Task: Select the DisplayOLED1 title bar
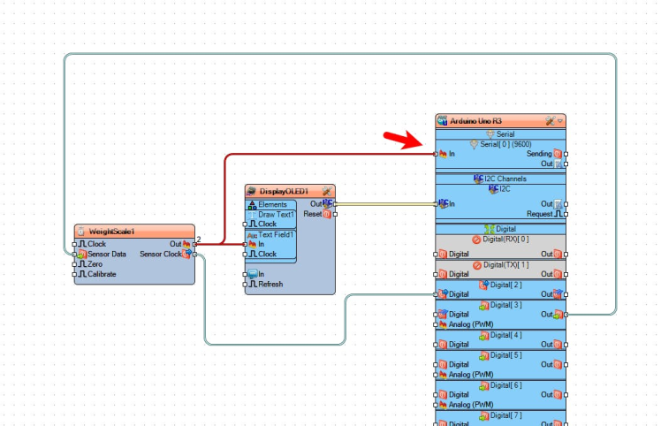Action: (x=283, y=191)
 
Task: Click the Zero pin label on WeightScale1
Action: (x=95, y=263)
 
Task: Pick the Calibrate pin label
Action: (x=103, y=274)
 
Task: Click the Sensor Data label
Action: (x=107, y=254)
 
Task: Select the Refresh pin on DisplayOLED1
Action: (x=270, y=284)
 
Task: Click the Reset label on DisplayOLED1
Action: (x=312, y=214)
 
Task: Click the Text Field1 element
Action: (x=277, y=234)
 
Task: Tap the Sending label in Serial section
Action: (x=539, y=154)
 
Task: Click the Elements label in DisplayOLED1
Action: (x=272, y=204)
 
